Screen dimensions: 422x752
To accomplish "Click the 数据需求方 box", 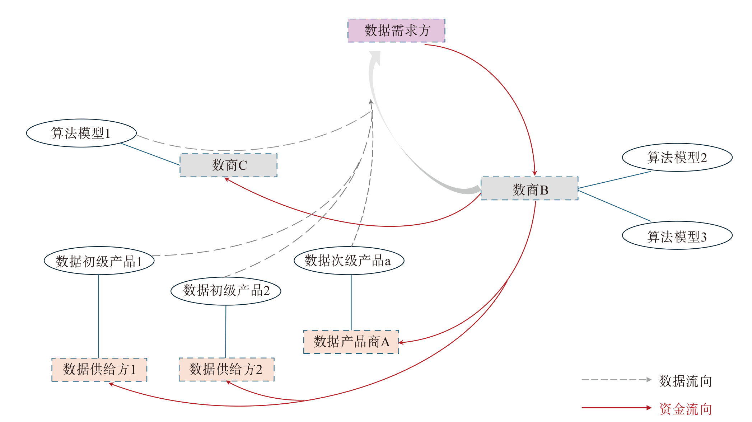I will point(396,31).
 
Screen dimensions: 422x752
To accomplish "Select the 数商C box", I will point(229,165).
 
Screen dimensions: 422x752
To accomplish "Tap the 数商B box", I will point(529,188).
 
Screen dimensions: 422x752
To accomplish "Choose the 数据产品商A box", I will point(351,342).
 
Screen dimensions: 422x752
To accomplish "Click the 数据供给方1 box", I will point(99,369).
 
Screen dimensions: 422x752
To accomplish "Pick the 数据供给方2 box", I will point(226,369).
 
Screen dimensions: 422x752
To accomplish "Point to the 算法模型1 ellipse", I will point(81,133).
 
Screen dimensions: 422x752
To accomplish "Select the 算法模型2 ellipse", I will point(677,158).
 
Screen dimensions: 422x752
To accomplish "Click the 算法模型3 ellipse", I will point(677,235).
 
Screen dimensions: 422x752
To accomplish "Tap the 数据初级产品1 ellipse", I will point(99,261).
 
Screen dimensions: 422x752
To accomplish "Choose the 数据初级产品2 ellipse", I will point(226,291).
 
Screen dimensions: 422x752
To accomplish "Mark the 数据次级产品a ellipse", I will point(349,261).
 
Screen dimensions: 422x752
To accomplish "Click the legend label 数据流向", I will point(685,381).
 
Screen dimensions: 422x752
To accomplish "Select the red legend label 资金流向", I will point(685,409).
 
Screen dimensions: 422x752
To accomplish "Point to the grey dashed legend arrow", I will point(616,380).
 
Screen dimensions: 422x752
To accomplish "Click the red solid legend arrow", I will point(616,408).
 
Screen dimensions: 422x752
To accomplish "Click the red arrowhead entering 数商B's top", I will point(534,173).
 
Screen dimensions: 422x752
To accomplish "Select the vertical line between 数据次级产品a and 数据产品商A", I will point(351,302).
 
